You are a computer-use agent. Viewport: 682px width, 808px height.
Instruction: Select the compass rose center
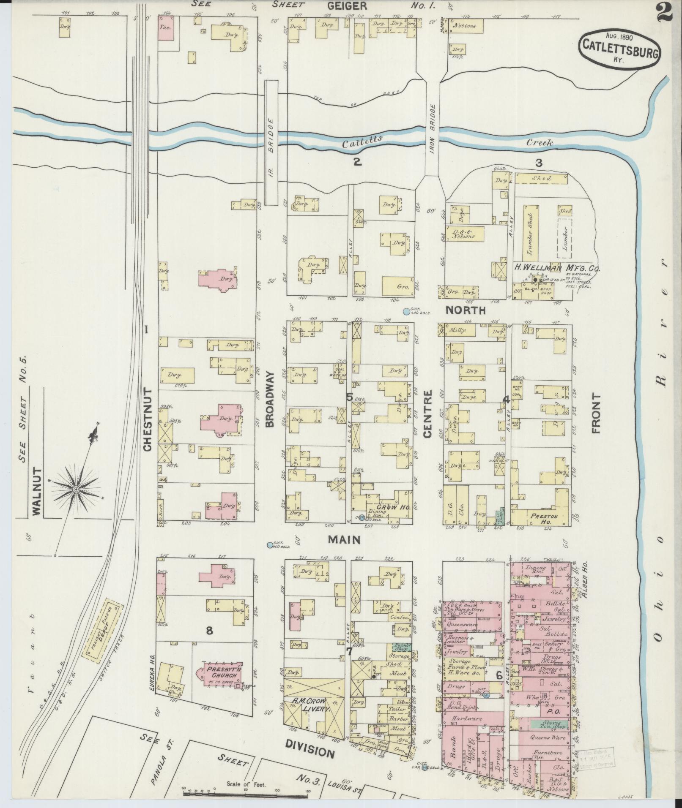tap(76, 489)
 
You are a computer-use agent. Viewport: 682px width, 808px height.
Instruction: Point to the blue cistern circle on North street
tap(406, 312)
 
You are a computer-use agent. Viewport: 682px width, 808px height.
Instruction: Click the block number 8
tap(209, 631)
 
